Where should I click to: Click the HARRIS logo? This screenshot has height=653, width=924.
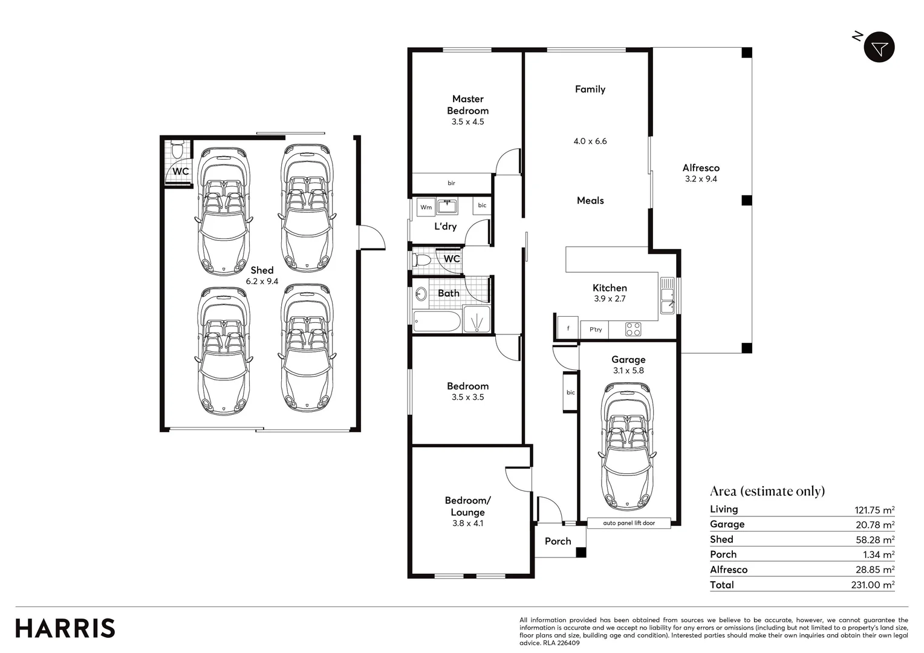(65, 628)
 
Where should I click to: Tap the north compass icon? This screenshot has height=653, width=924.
(879, 48)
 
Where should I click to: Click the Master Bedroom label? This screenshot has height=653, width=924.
(467, 105)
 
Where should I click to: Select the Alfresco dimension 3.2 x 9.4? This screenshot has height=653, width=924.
(701, 179)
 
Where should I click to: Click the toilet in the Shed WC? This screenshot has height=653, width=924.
(177, 149)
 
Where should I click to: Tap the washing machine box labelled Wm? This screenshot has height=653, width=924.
(426, 207)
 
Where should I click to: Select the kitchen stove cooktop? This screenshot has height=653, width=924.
(633, 330)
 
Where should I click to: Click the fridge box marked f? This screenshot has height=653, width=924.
(568, 329)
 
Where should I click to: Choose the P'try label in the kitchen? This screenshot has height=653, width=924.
(596, 330)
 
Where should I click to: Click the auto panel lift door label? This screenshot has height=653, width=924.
(628, 523)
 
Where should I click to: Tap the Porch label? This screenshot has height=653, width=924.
(558, 541)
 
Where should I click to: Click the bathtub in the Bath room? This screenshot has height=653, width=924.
(437, 321)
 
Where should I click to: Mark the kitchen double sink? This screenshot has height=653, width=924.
(667, 296)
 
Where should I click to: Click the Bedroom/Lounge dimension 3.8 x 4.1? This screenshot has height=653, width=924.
(467, 524)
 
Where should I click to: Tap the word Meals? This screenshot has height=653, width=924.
(590, 201)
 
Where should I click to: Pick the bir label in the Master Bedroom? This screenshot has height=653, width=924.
(451, 183)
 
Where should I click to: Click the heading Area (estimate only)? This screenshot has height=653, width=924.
(767, 491)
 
